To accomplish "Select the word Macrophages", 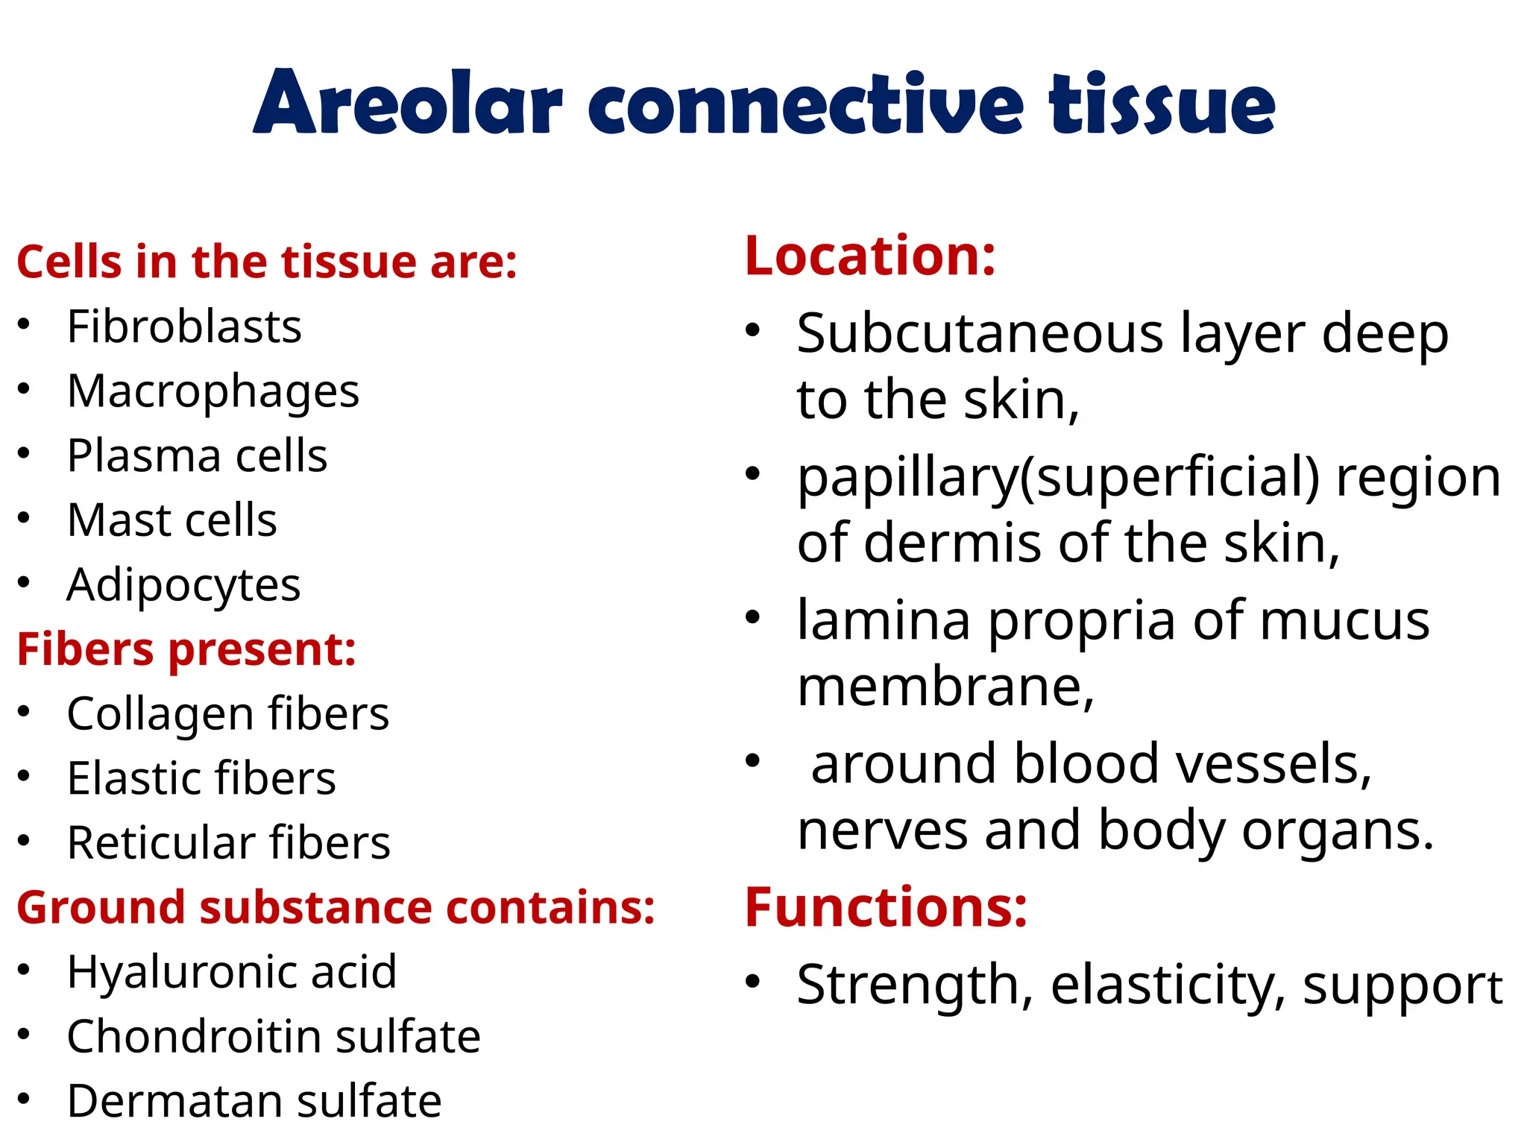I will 212,391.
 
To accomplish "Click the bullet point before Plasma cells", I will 24,453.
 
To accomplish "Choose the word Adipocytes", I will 183,585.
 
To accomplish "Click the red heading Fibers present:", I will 186,649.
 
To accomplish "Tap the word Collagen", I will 160,714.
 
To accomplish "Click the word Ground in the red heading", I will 101,907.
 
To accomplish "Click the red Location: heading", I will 870,256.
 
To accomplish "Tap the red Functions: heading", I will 886,907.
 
